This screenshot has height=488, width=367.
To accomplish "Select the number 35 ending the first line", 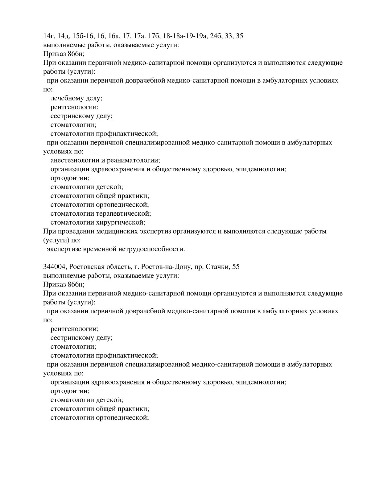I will click(239, 36).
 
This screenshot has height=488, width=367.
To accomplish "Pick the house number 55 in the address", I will click(236, 267).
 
